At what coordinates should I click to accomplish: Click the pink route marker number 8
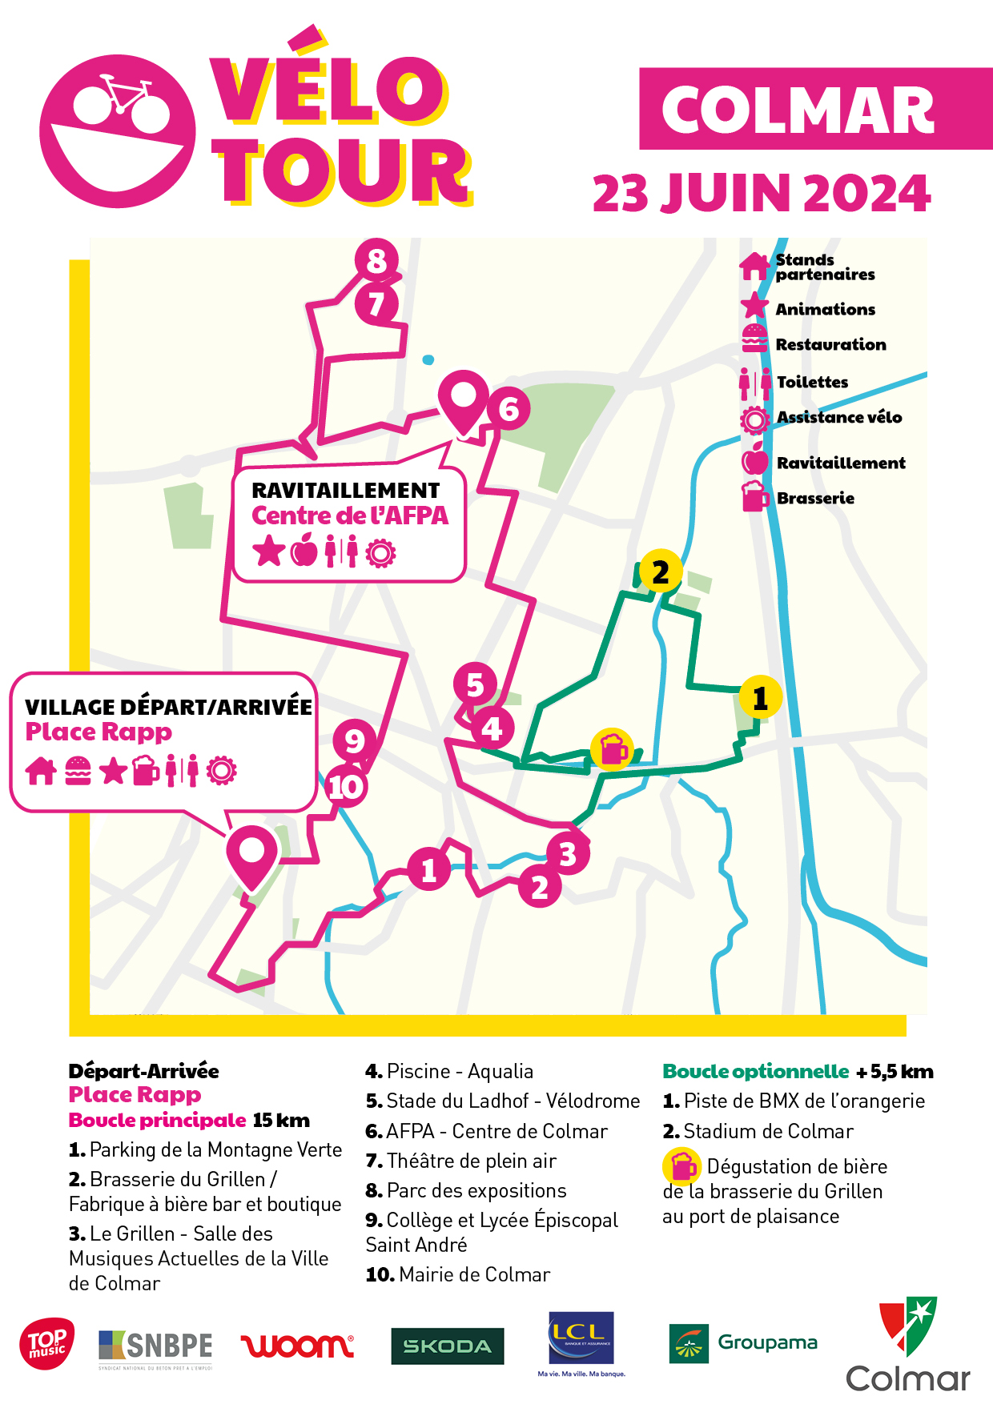[x=376, y=260]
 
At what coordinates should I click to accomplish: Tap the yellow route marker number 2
[x=661, y=572]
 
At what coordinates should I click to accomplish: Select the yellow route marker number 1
[x=760, y=698]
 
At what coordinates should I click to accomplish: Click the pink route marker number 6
[x=509, y=409]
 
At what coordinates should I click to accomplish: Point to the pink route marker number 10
[x=346, y=786]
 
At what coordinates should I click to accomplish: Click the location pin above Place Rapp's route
[x=251, y=855]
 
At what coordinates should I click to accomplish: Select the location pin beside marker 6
[x=463, y=399]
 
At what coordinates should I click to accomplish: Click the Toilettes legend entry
[x=811, y=382]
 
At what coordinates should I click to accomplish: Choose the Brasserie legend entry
[x=814, y=498]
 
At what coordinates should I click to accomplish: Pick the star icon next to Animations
[x=754, y=307]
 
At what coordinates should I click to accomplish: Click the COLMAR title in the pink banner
[x=798, y=110]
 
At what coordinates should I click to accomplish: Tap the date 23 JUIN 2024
[x=761, y=194]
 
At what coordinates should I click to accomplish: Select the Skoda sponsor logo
[x=447, y=1346]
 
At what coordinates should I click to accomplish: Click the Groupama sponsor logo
[x=742, y=1342]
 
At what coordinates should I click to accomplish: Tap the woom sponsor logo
[x=296, y=1345]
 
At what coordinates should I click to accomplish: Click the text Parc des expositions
[x=476, y=1190]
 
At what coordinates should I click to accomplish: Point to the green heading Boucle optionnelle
[x=755, y=1071]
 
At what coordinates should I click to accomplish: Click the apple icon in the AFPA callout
[x=304, y=551]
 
